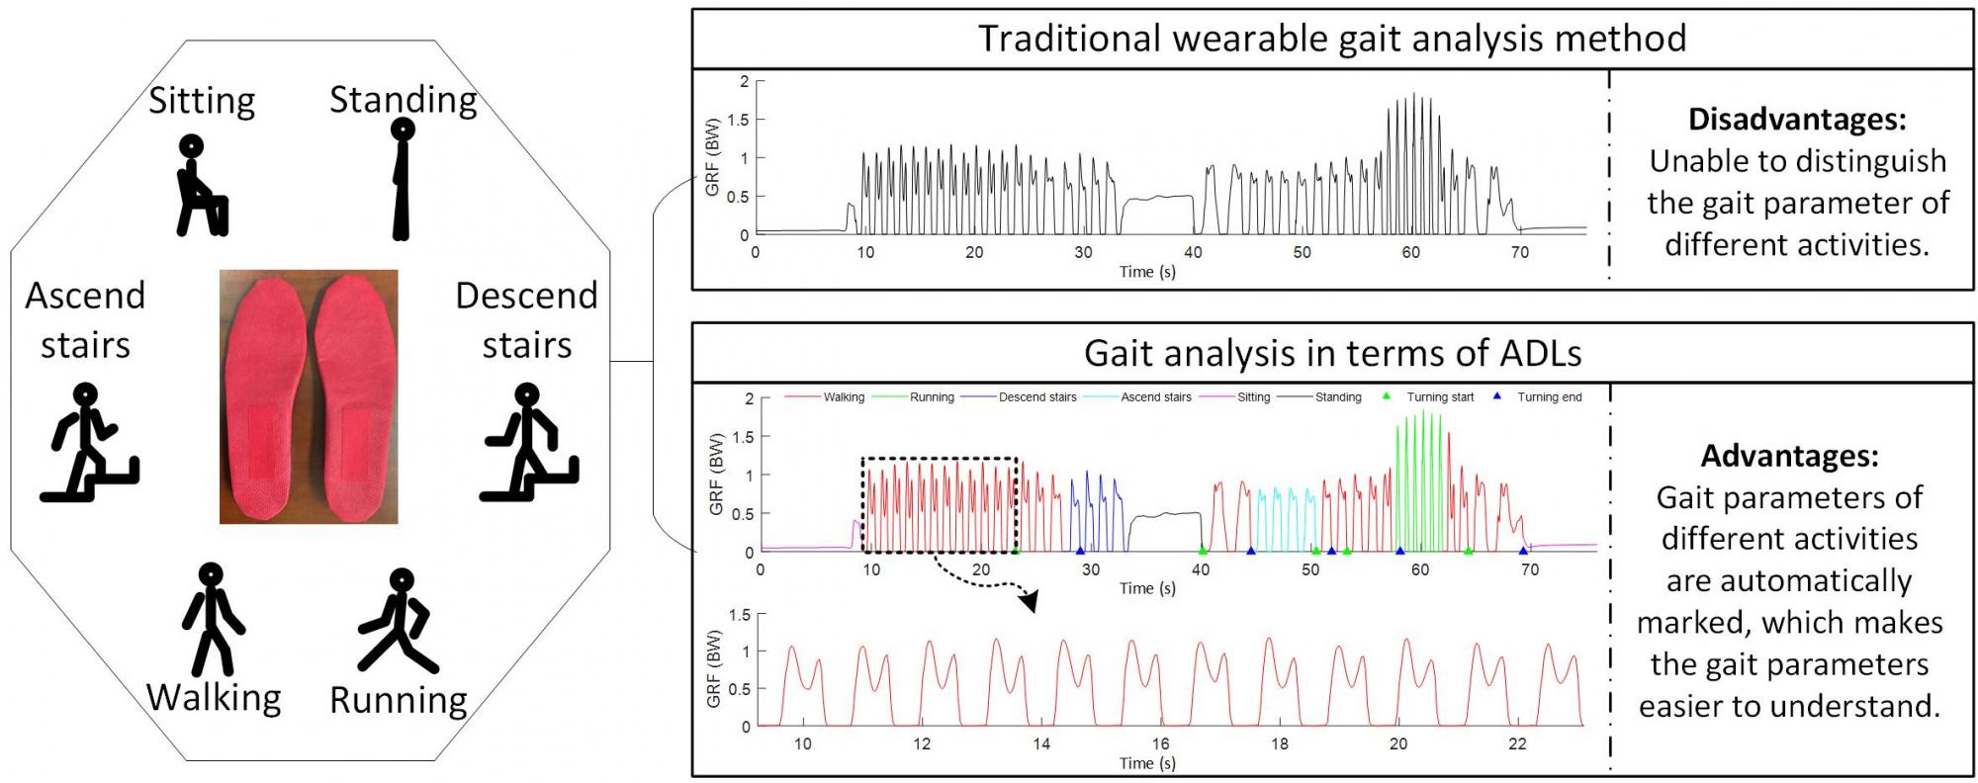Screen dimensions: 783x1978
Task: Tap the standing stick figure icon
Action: pos(401,179)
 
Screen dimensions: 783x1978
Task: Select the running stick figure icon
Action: pos(398,620)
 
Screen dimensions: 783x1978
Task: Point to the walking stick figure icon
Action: pos(212,619)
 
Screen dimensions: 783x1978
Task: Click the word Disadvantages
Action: pos(1796,120)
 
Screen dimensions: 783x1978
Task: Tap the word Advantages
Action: pos(1788,456)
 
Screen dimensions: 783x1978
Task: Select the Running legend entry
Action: pos(931,397)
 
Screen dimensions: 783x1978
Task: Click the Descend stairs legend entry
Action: pos(1036,397)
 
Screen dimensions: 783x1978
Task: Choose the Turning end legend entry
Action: pos(1549,397)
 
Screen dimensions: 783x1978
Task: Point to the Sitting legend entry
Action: pos(1253,397)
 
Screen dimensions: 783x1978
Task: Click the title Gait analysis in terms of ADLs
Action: pos(1332,353)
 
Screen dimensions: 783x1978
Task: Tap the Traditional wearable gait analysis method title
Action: pos(1332,39)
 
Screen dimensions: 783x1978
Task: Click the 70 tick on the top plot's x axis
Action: pos(1519,252)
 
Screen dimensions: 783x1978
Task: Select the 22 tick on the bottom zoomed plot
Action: pos(1517,744)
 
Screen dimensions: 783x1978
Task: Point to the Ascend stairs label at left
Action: pos(85,319)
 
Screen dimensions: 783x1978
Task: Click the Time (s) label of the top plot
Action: pos(1147,272)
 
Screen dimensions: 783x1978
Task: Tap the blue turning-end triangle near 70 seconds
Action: pos(1523,551)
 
